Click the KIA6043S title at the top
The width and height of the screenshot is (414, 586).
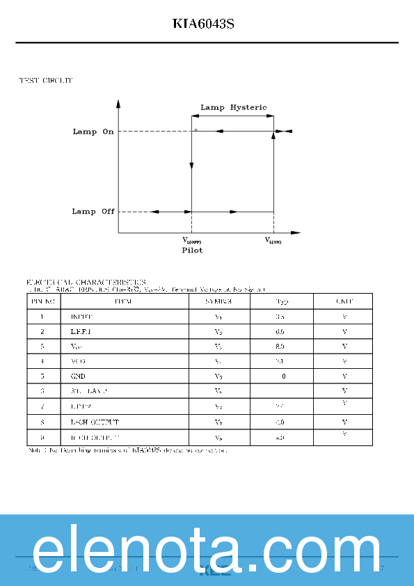coord(203,24)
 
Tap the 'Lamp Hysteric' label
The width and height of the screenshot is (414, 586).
coord(233,107)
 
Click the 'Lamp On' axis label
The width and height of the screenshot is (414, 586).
coord(93,132)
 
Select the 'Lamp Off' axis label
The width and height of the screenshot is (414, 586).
coord(93,212)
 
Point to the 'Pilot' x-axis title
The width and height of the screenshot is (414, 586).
coord(192,250)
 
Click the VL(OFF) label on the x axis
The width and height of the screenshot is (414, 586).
coord(191,241)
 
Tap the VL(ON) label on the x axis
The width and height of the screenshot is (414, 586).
coord(273,241)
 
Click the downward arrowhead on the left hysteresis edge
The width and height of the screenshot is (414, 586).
coord(191,168)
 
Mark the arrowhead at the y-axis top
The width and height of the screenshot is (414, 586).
coord(119,104)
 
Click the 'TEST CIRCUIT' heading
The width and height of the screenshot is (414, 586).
coord(46,81)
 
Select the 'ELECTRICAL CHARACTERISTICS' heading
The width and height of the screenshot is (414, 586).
coord(86,283)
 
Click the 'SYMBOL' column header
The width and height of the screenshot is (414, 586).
coord(218,301)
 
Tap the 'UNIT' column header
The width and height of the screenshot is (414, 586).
coord(344,301)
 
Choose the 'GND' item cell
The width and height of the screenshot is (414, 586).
coord(78,376)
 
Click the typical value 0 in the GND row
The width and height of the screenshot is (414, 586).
coord(283,376)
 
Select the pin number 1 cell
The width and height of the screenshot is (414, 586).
coord(42,317)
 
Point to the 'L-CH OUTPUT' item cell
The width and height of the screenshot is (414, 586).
coord(95,422)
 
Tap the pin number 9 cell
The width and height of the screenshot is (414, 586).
coord(42,438)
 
